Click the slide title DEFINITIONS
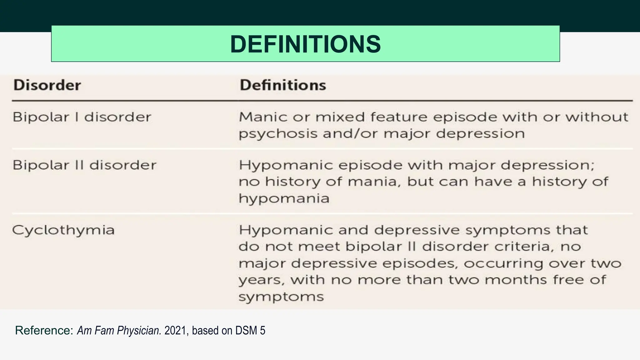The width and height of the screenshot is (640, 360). point(305,44)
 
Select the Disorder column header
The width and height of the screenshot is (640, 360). point(47,85)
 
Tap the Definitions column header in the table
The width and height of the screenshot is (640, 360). point(283,85)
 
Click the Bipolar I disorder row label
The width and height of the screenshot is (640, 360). point(82,117)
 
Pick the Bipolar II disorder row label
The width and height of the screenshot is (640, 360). point(84,165)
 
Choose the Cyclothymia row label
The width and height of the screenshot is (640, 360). point(63,230)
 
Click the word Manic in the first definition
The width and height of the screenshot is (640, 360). point(263,117)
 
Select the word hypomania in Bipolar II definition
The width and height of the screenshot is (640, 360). point(284,198)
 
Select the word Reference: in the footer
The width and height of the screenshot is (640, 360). point(44,330)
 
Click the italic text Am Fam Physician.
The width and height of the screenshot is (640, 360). point(119,330)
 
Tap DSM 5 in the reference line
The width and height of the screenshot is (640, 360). point(250,330)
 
